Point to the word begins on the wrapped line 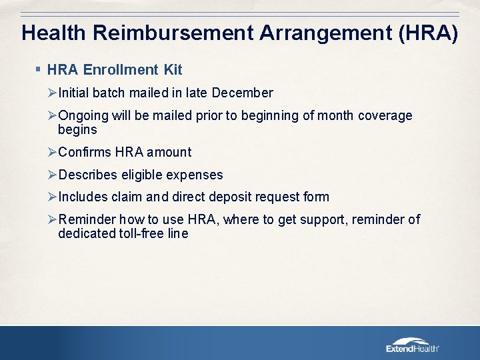click(x=77, y=129)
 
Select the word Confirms click(x=85, y=152)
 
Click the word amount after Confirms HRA click(x=170, y=152)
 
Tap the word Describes click(x=88, y=175)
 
